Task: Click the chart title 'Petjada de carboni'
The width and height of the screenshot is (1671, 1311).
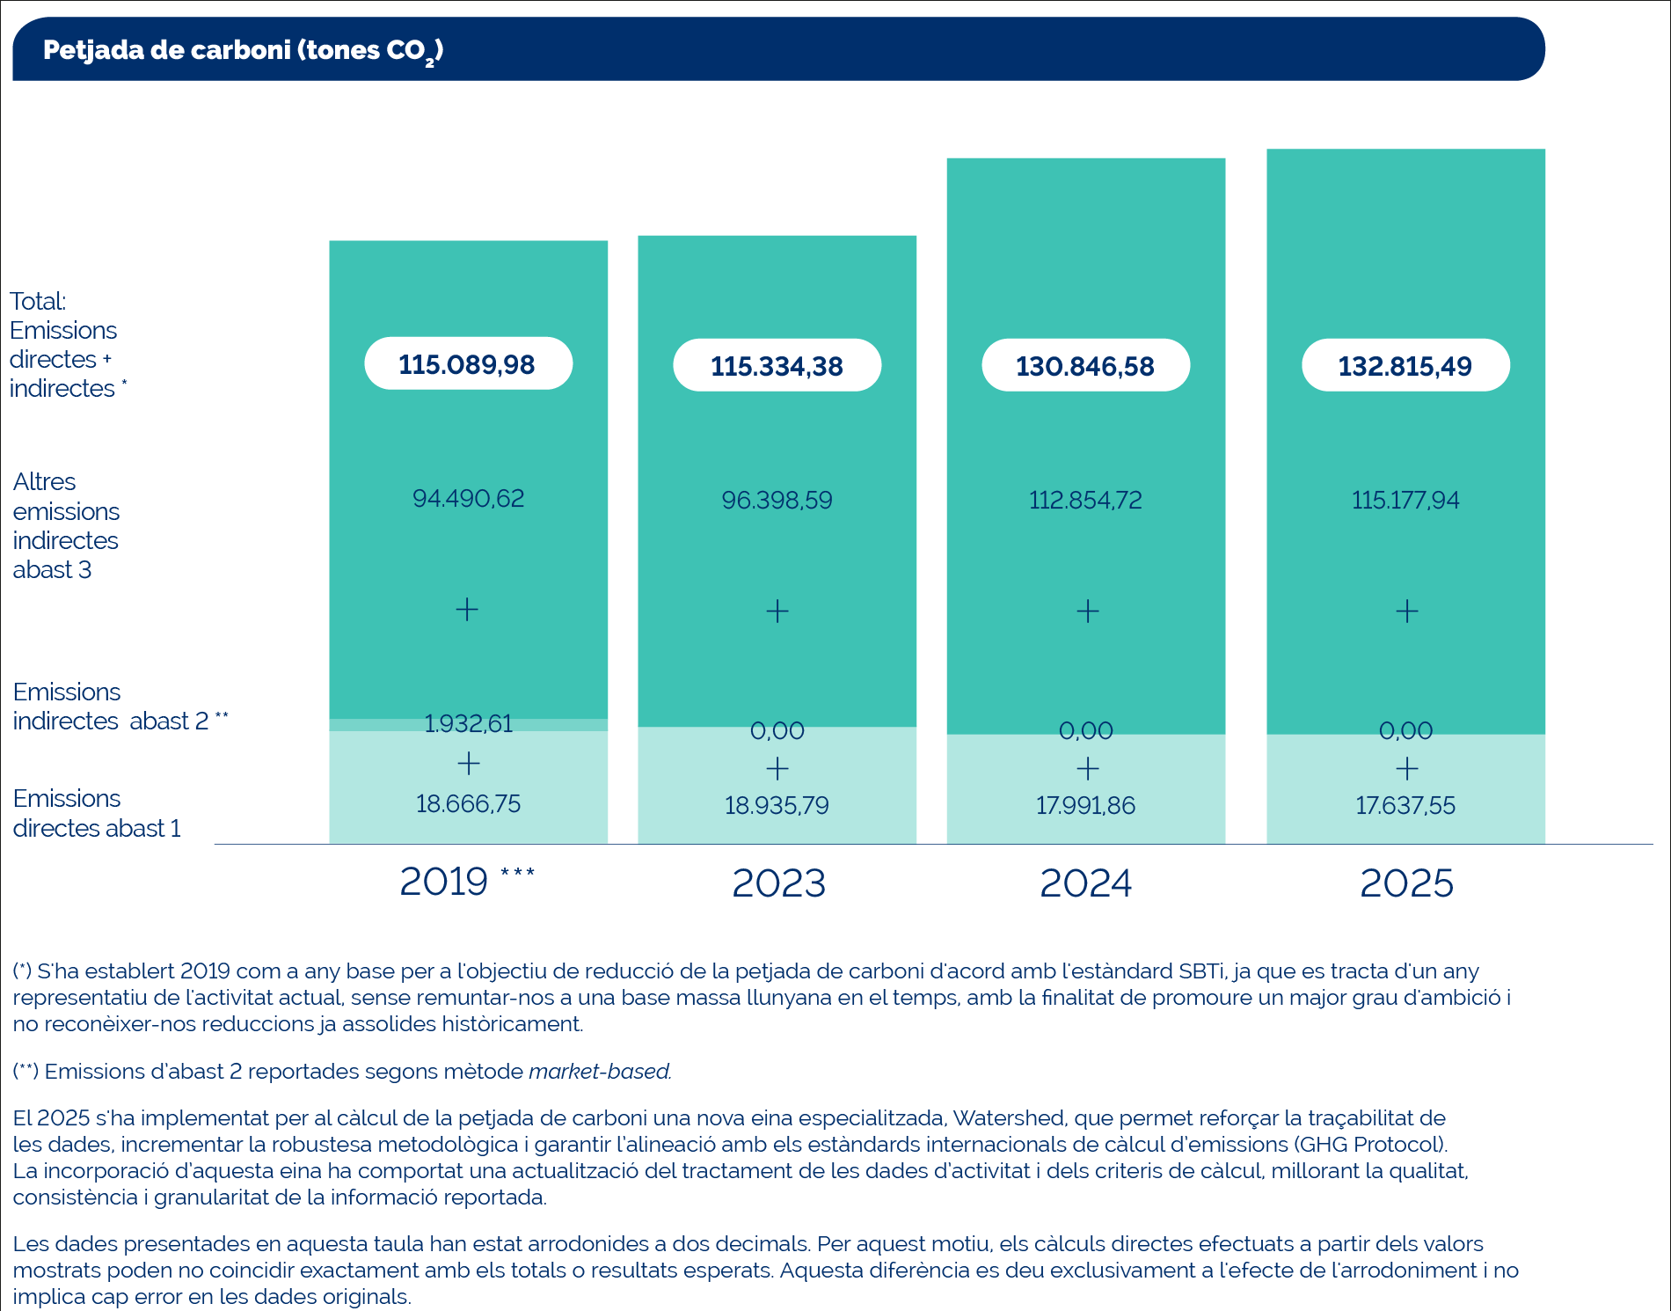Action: [167, 50]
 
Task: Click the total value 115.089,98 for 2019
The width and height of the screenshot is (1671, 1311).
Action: [468, 363]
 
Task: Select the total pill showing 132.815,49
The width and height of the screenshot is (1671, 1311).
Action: [1405, 365]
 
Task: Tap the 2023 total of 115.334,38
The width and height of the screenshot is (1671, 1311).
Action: [777, 365]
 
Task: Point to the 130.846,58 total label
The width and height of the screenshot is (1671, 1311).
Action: [1085, 365]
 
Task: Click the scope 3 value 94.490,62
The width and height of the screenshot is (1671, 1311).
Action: [468, 498]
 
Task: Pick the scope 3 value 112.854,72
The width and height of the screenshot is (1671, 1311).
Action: [1085, 500]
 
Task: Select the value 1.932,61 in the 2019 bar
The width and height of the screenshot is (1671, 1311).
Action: [468, 723]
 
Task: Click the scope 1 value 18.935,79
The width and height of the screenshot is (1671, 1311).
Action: [777, 805]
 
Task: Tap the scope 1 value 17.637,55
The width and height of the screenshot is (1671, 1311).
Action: [1405, 805]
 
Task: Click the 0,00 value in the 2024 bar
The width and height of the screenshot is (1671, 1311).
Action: [1085, 730]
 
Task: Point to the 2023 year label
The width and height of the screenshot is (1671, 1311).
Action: [778, 883]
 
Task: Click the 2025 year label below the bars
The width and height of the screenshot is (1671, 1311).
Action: [1406, 883]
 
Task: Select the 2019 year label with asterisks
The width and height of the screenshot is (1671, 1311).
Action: [467, 881]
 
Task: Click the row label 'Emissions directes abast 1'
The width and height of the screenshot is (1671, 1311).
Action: [97, 813]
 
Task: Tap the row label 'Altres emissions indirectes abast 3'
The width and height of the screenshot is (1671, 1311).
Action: [66, 525]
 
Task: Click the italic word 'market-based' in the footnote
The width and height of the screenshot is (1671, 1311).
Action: [600, 1071]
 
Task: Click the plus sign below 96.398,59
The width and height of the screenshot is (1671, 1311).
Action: [777, 611]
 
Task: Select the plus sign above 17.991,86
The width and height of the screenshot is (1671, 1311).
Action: [1088, 768]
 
